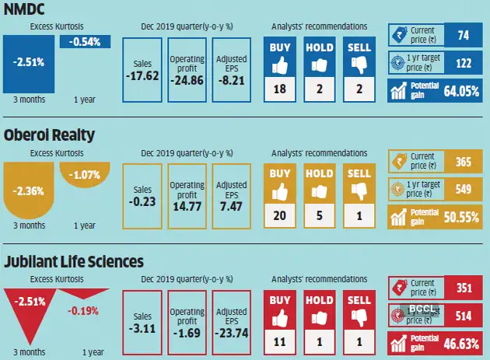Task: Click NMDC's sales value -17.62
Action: click(x=142, y=76)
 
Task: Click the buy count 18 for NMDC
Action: click(x=280, y=89)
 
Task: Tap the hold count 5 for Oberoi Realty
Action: click(x=320, y=215)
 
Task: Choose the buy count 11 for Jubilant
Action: click(x=280, y=341)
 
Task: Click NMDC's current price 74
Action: click(x=464, y=35)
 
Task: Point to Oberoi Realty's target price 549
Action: click(x=464, y=188)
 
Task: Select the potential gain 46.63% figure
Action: click(x=460, y=341)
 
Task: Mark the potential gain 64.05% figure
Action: click(x=460, y=90)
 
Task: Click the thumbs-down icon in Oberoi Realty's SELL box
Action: click(x=359, y=190)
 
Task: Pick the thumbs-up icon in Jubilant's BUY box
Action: click(x=280, y=316)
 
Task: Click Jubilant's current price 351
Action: click(x=464, y=287)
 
